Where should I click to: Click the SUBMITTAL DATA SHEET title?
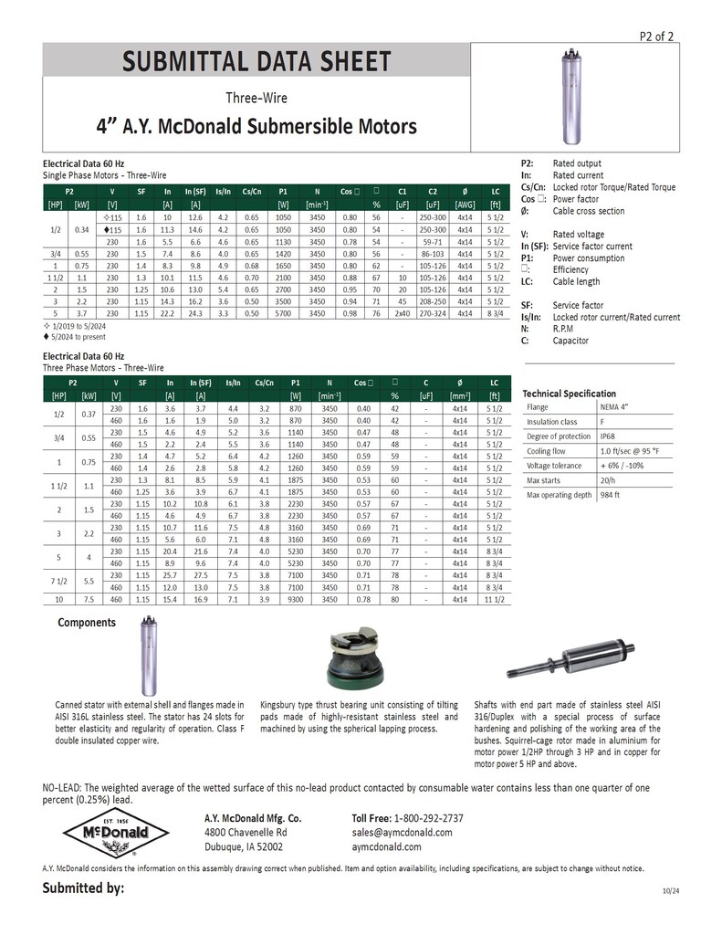pyautogui.click(x=257, y=62)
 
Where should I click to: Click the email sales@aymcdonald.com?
pyautogui.click(x=402, y=833)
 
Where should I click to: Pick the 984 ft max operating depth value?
pyautogui.click(x=611, y=495)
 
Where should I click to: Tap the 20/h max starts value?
pyautogui.click(x=608, y=480)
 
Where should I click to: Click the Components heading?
pyautogui.click(x=87, y=623)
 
